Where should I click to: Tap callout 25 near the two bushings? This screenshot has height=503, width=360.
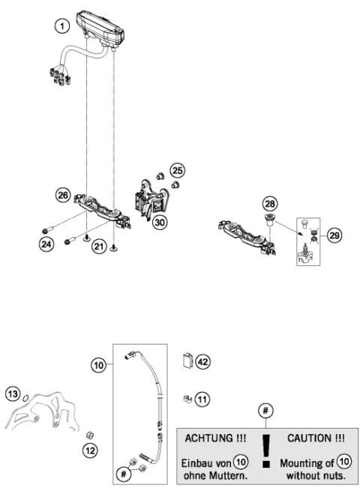click(x=176, y=169)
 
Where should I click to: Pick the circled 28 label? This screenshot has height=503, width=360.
click(x=269, y=203)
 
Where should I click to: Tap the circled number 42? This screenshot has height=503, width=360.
click(x=202, y=361)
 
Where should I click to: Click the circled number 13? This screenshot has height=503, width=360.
click(x=13, y=394)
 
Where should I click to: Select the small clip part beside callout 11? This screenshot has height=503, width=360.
click(x=187, y=398)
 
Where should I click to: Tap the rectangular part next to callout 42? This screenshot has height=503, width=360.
click(x=187, y=361)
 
